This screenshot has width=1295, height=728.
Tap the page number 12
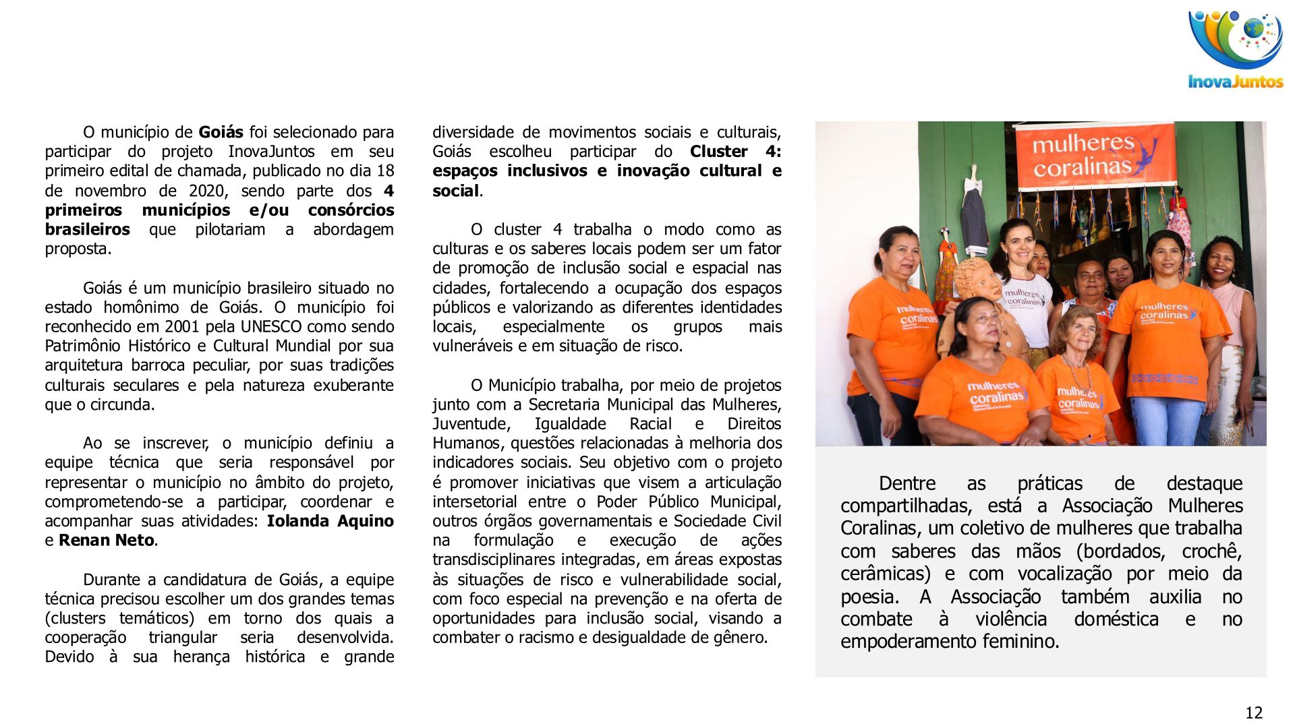(1253, 712)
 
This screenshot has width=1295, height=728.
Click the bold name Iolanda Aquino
(330, 521)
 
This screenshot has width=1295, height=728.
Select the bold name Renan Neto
(107, 541)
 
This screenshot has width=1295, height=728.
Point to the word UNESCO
(272, 327)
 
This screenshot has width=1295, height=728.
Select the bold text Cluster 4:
(735, 152)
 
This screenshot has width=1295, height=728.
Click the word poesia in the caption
(869, 597)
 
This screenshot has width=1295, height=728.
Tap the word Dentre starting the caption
(906, 484)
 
